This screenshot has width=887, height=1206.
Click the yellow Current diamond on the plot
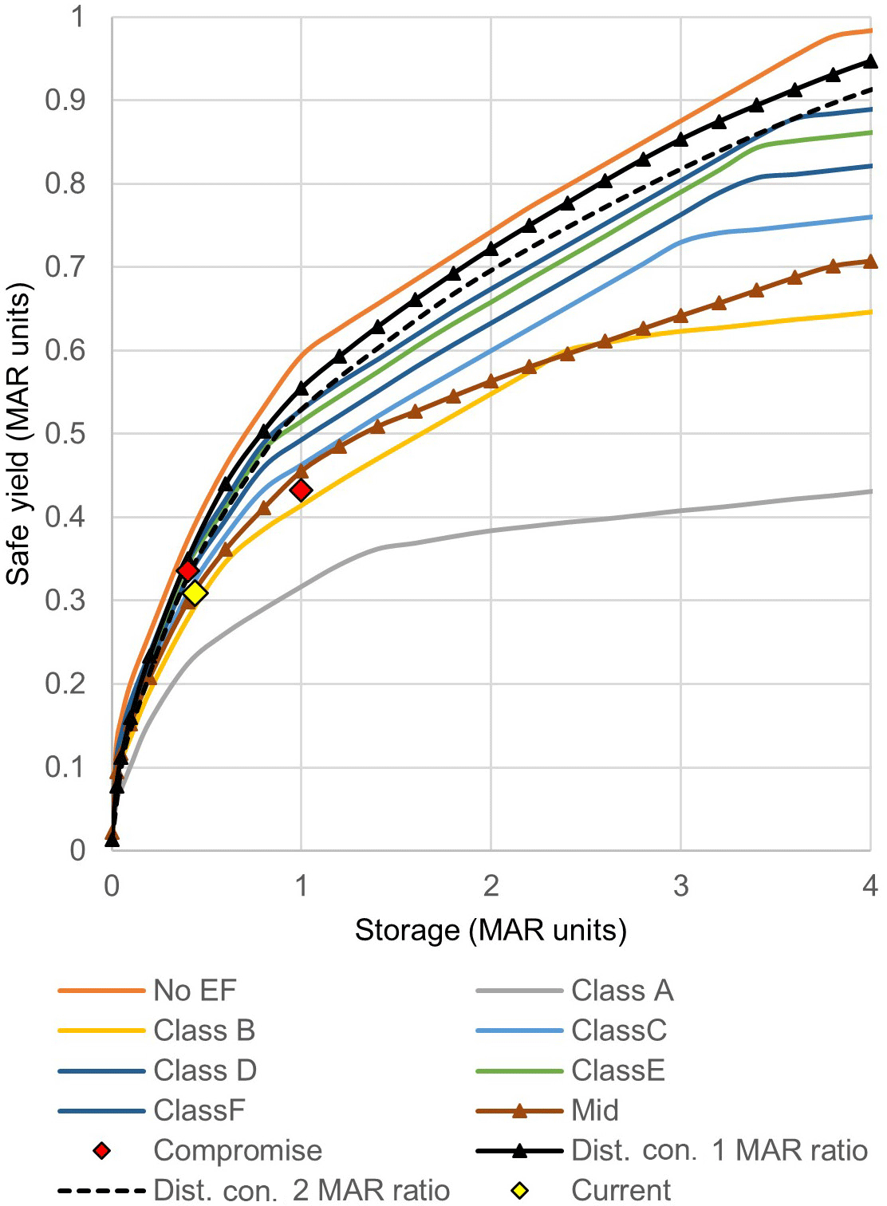pyautogui.click(x=195, y=593)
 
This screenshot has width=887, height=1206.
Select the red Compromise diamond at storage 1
pyautogui.click(x=301, y=490)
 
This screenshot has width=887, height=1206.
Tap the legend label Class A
pyautogui.click(x=622, y=991)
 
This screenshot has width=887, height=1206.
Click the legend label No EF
pyautogui.click(x=195, y=991)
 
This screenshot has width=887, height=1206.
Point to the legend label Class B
pyautogui.click(x=204, y=1031)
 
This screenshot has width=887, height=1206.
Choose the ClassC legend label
pyautogui.click(x=619, y=1031)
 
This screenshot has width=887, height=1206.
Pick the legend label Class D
pyautogui.click(x=205, y=1070)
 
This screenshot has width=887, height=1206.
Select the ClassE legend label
pyautogui.click(x=618, y=1070)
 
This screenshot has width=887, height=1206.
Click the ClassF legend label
pyautogui.click(x=199, y=1110)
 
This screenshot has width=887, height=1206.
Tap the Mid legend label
pyautogui.click(x=595, y=1110)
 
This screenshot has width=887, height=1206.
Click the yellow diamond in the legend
pyautogui.click(x=519, y=1191)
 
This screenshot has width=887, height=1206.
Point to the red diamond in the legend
pyautogui.click(x=101, y=1150)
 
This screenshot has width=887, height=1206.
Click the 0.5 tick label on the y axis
pyautogui.click(x=65, y=434)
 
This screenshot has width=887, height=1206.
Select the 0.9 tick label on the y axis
pyautogui.click(x=65, y=100)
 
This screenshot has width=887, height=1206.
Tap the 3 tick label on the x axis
pyautogui.click(x=680, y=886)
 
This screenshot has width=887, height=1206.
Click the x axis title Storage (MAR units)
pyautogui.click(x=491, y=930)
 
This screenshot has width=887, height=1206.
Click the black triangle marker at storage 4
pyautogui.click(x=870, y=61)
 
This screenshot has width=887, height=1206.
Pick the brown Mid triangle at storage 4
pyautogui.click(x=870, y=262)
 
